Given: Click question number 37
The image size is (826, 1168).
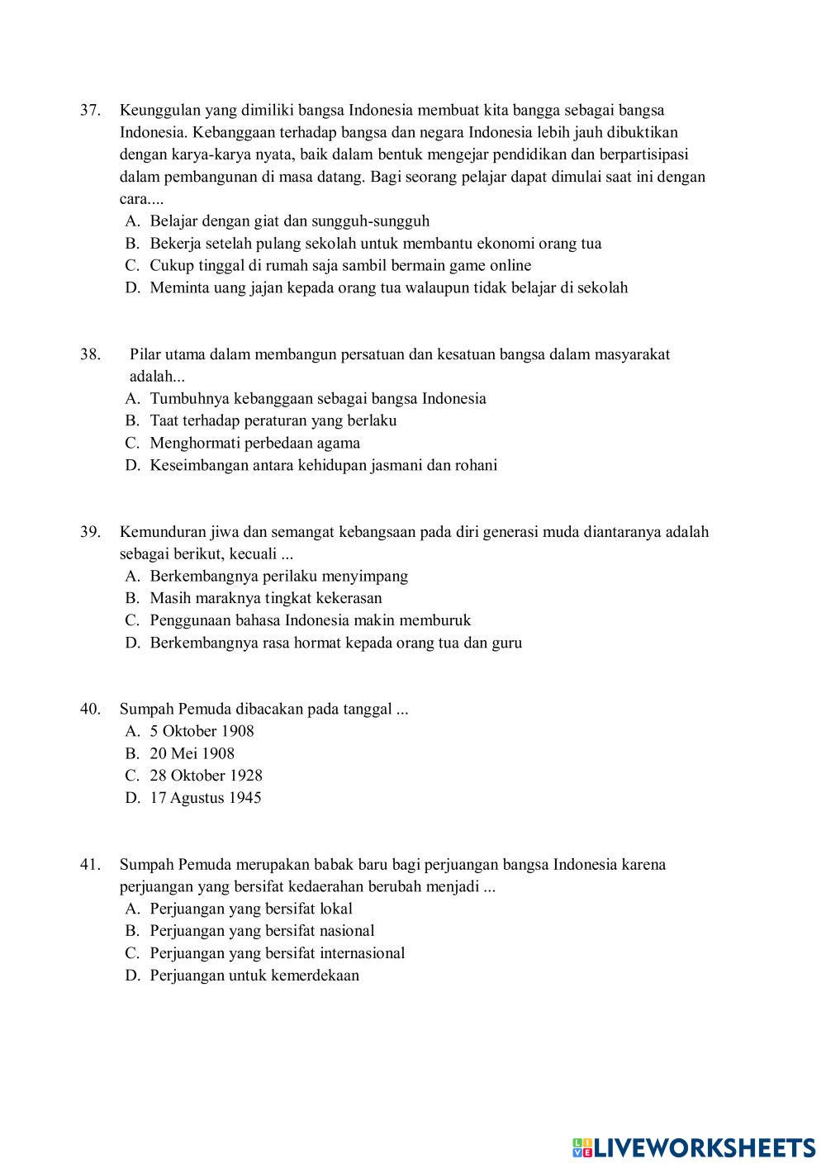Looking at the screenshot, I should click(x=90, y=110).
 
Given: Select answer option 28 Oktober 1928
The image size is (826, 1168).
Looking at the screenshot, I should click(x=206, y=776).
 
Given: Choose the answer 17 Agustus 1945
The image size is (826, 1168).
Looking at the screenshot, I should click(x=205, y=798).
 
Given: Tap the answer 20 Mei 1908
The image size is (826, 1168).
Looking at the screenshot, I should click(x=192, y=753).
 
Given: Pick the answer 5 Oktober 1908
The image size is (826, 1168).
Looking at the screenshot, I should click(x=202, y=731).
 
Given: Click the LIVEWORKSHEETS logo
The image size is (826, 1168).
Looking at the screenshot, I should click(x=694, y=1147).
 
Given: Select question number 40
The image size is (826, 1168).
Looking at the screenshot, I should click(x=90, y=709).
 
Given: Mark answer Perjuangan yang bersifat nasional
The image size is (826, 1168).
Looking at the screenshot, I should click(x=262, y=931).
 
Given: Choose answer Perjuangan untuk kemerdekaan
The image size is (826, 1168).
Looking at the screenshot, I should click(x=254, y=976).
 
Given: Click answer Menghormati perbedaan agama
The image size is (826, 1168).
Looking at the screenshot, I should click(x=254, y=443).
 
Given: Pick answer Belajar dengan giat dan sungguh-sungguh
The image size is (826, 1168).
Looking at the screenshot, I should click(x=289, y=221).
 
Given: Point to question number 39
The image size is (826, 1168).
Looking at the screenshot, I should click(x=90, y=532).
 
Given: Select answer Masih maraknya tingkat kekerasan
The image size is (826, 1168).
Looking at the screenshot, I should click(x=265, y=598).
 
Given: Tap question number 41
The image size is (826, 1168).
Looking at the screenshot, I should click(x=90, y=865).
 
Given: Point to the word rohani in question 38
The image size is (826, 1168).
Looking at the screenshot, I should click(x=475, y=465).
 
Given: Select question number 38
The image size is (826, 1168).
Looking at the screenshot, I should click(x=90, y=354).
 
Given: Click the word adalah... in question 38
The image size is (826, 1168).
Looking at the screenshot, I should click(x=157, y=377).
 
